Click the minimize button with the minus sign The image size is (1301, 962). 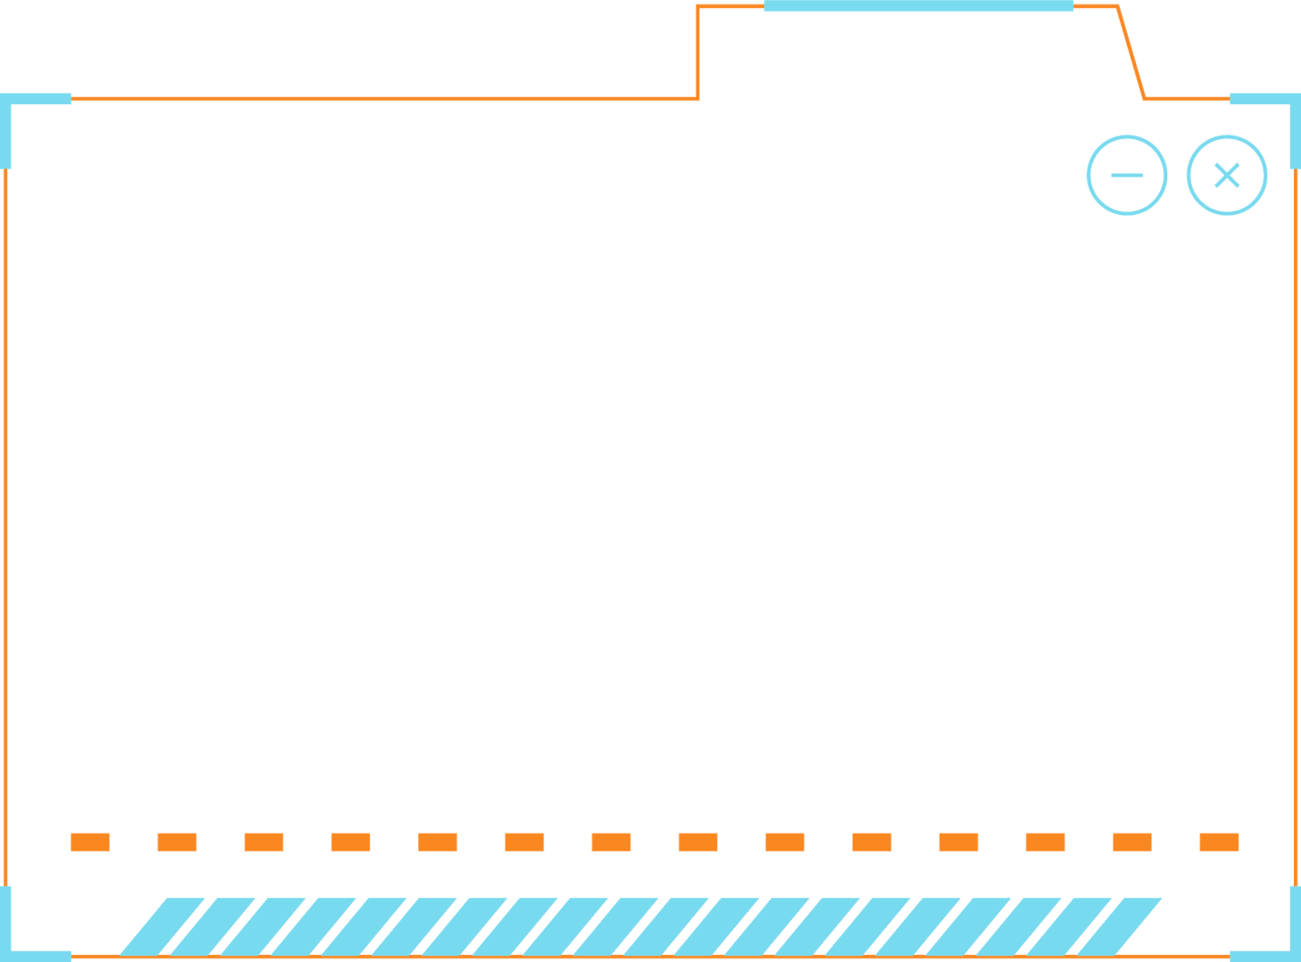[x=1127, y=175]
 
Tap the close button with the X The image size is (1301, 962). [x=1227, y=175]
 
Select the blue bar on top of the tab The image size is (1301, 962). [x=918, y=6]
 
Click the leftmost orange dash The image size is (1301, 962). [x=90, y=842]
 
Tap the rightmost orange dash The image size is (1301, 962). [x=1219, y=842]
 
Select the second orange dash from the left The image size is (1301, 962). [x=177, y=842]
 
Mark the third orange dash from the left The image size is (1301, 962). [x=264, y=842]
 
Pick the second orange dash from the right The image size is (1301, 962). [x=1132, y=842]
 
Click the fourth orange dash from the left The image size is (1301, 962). [x=350, y=842]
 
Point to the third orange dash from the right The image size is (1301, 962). [x=1045, y=842]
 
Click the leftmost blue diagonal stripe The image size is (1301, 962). [x=161, y=926]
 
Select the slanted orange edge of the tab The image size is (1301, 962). [x=1131, y=53]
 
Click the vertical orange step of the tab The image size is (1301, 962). [x=697, y=53]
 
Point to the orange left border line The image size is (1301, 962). [x=5, y=526]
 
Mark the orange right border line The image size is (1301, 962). [x=1296, y=526]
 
